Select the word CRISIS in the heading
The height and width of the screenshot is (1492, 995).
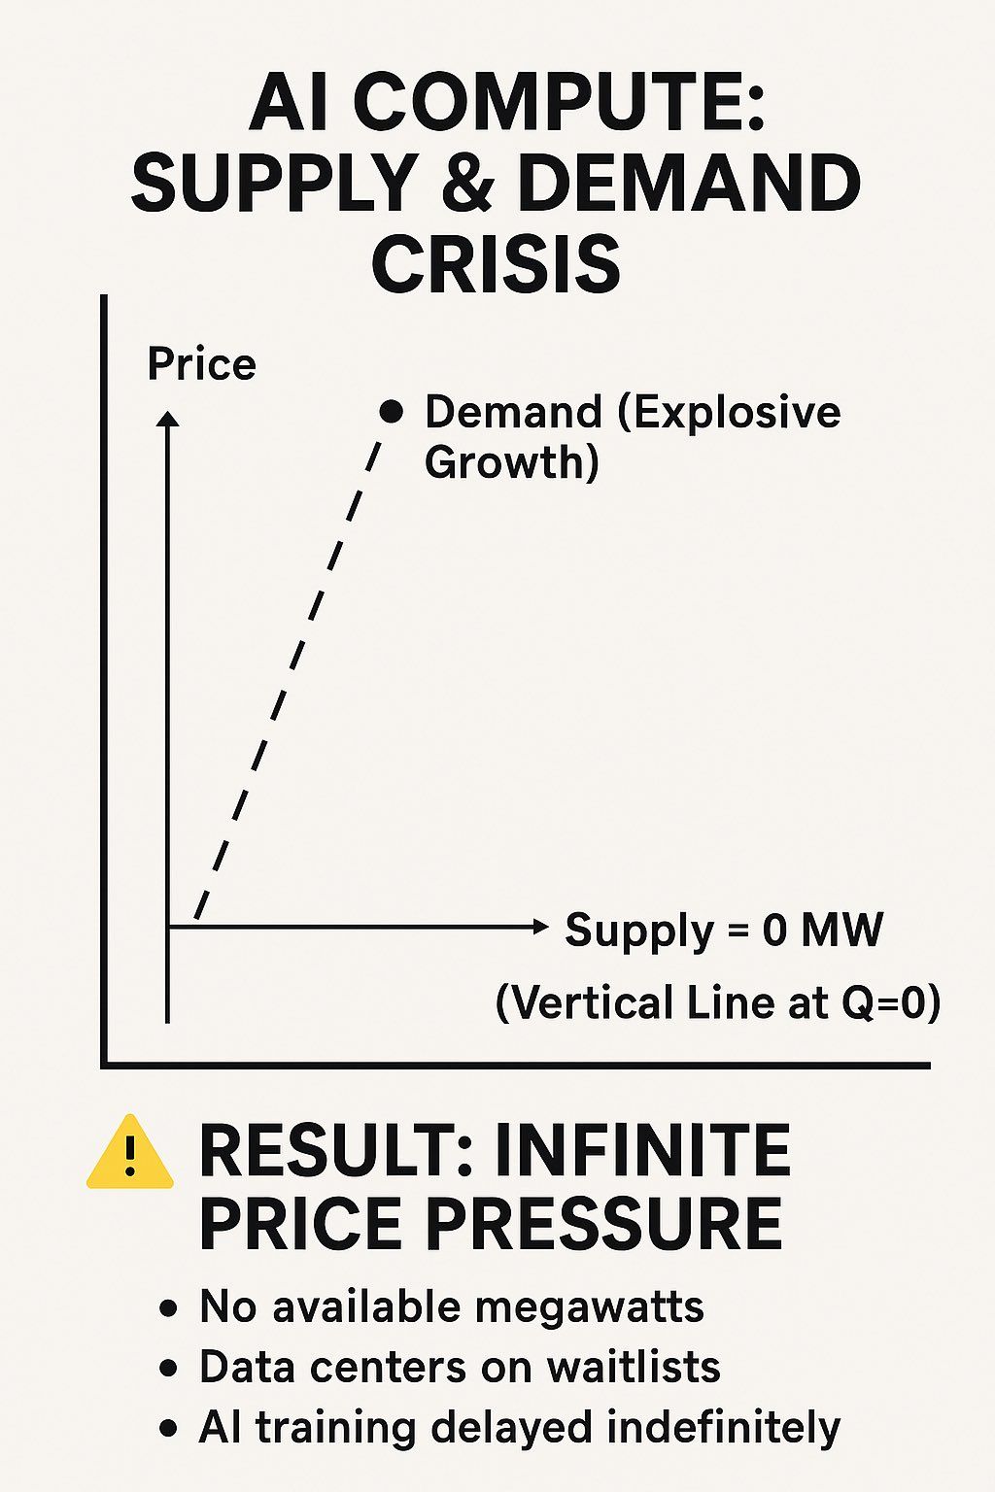click(496, 261)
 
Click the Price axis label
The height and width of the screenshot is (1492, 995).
click(201, 365)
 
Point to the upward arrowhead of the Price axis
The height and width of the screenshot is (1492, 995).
click(167, 419)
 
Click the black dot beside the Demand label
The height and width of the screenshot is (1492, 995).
click(392, 412)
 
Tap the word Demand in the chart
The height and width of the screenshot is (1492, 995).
click(513, 412)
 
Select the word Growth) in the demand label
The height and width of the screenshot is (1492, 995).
click(512, 461)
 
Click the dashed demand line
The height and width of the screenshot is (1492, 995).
click(287, 678)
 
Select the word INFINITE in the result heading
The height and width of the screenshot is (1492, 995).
click(641, 1150)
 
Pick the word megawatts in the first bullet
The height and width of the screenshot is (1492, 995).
click(589, 1308)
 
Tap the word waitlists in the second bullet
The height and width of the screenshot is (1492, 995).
click(634, 1367)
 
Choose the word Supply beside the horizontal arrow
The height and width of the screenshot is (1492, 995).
click(639, 931)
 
